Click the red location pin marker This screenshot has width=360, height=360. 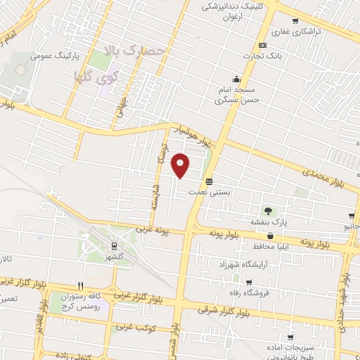pyautogui.click(x=181, y=165)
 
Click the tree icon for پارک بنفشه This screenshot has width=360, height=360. pyautogui.click(x=267, y=210)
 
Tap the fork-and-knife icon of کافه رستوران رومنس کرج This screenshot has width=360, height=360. pyautogui.click(x=80, y=285)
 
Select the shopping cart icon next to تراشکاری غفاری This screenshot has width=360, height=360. pyautogui.click(x=294, y=21)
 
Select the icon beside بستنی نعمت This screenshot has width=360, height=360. pyautogui.click(x=209, y=180)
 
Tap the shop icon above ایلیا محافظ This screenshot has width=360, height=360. pyautogui.click(x=271, y=236)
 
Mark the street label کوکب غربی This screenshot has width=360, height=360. pyautogui.click(x=134, y=327)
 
